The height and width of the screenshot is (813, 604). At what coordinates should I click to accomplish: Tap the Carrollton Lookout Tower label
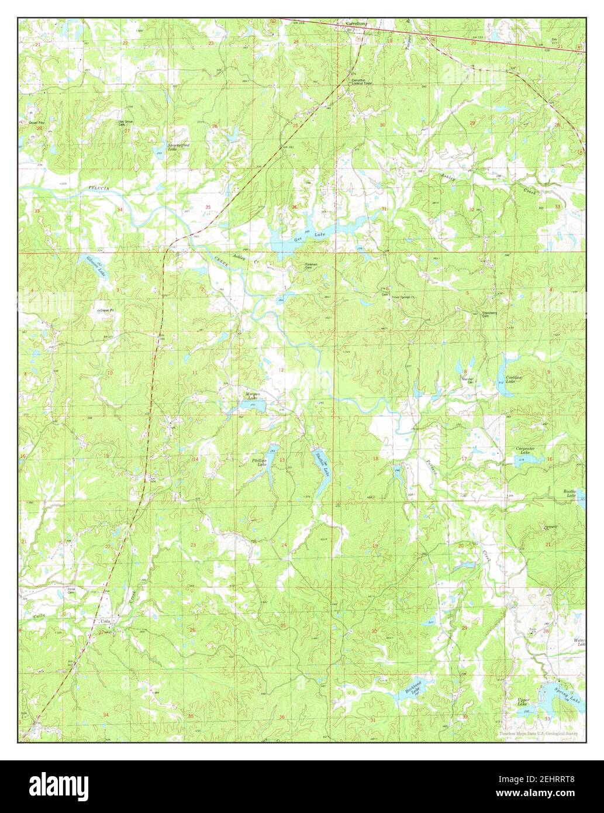point(361,82)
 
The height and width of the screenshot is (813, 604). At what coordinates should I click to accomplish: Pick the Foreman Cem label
point(311,266)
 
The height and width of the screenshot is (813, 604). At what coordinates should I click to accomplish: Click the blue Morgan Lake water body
point(253,405)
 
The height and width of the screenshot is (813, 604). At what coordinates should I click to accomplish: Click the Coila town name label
point(105,621)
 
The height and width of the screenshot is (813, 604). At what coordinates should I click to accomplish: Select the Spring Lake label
point(568,690)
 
